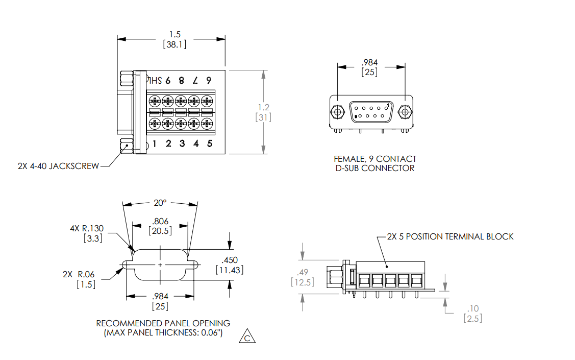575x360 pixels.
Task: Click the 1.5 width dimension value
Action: coord(175,34)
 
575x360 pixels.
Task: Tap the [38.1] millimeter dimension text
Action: coord(175,44)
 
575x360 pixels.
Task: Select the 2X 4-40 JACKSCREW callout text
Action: coord(58,166)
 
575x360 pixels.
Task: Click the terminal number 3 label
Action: coord(182,143)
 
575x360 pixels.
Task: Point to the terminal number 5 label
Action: coord(210,143)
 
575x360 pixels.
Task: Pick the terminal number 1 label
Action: coord(154,143)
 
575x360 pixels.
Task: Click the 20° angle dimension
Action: coord(160,203)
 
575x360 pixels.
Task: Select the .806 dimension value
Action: coord(161,221)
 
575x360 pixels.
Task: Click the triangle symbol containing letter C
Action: coord(247,337)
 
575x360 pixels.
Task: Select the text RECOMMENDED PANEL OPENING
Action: coord(163,323)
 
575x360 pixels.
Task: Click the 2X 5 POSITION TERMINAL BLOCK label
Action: coord(450,236)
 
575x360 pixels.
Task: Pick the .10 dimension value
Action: coord(472,308)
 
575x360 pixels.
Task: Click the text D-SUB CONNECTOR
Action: coord(375,168)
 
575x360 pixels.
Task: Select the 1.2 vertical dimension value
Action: coord(263,107)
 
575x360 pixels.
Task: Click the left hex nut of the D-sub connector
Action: coord(336,111)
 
